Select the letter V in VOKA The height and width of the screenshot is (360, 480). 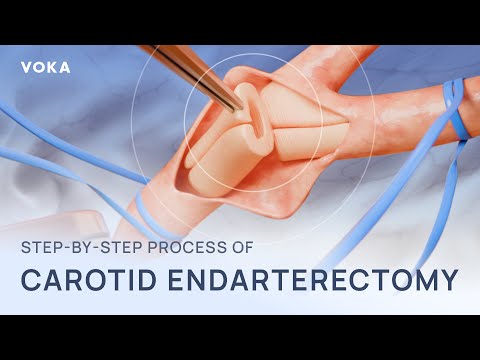click(x=26, y=67)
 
